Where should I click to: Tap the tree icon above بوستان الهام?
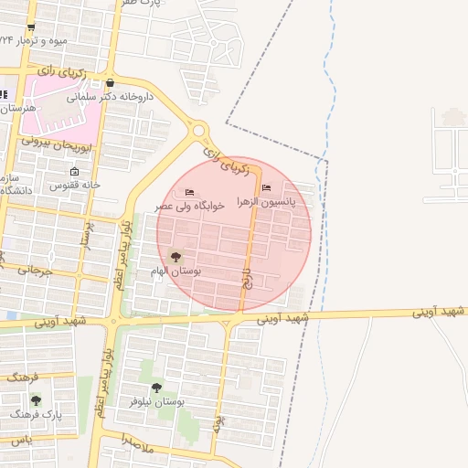click(176, 257)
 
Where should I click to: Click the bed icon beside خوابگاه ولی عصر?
click(189, 192)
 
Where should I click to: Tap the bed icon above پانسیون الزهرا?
click(266, 187)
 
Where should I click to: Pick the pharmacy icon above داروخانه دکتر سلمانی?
click(111, 81)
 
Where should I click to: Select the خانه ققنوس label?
click(73, 186)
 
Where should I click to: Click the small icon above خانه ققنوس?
click(74, 171)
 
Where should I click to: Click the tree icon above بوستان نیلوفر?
click(156, 387)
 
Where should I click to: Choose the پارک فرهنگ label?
click(37, 414)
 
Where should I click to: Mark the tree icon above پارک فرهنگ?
click(37, 399)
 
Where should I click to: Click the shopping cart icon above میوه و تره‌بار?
click(32, 27)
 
